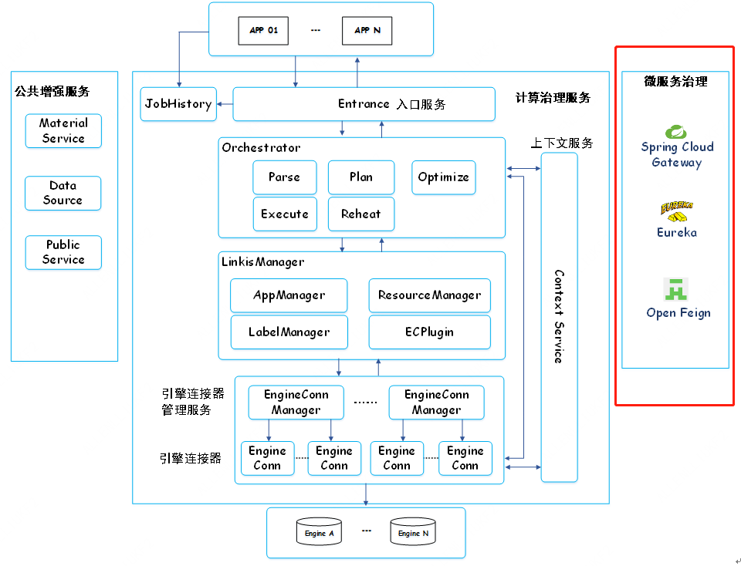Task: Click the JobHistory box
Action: [178, 104]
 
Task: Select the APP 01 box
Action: [263, 31]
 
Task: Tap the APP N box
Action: [367, 31]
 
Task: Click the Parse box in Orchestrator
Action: [284, 177]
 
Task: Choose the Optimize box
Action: [443, 177]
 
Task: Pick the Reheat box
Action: [360, 214]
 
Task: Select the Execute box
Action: [284, 214]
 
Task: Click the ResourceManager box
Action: [429, 295]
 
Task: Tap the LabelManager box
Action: [289, 332]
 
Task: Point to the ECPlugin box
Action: [429, 332]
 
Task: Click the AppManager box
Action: [289, 295]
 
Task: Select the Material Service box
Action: [63, 131]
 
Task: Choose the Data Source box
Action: [63, 193]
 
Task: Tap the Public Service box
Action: [63, 252]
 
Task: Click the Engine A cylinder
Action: [320, 532]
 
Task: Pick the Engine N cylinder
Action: [413, 532]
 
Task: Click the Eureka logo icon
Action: [676, 211]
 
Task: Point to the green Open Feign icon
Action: [676, 289]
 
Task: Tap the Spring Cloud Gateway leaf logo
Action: [676, 132]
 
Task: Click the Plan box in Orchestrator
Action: [360, 177]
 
